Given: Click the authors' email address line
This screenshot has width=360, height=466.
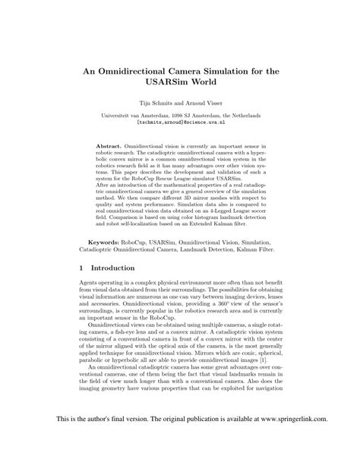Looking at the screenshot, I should click(x=180, y=121).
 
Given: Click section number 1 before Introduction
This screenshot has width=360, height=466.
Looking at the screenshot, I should click(x=82, y=268).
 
